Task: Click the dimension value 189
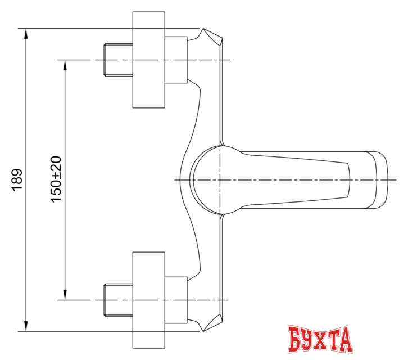(x=17, y=179)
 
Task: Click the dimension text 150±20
(x=56, y=179)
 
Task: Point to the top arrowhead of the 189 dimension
(x=26, y=34)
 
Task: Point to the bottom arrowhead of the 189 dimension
(x=26, y=325)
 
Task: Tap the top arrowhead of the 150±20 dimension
(x=65, y=65)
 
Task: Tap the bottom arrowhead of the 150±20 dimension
(x=65, y=294)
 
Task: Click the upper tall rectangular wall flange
(x=149, y=60)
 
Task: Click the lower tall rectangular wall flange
(x=149, y=300)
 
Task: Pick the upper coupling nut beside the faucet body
(x=176, y=60)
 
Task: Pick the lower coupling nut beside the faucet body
(x=176, y=300)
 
